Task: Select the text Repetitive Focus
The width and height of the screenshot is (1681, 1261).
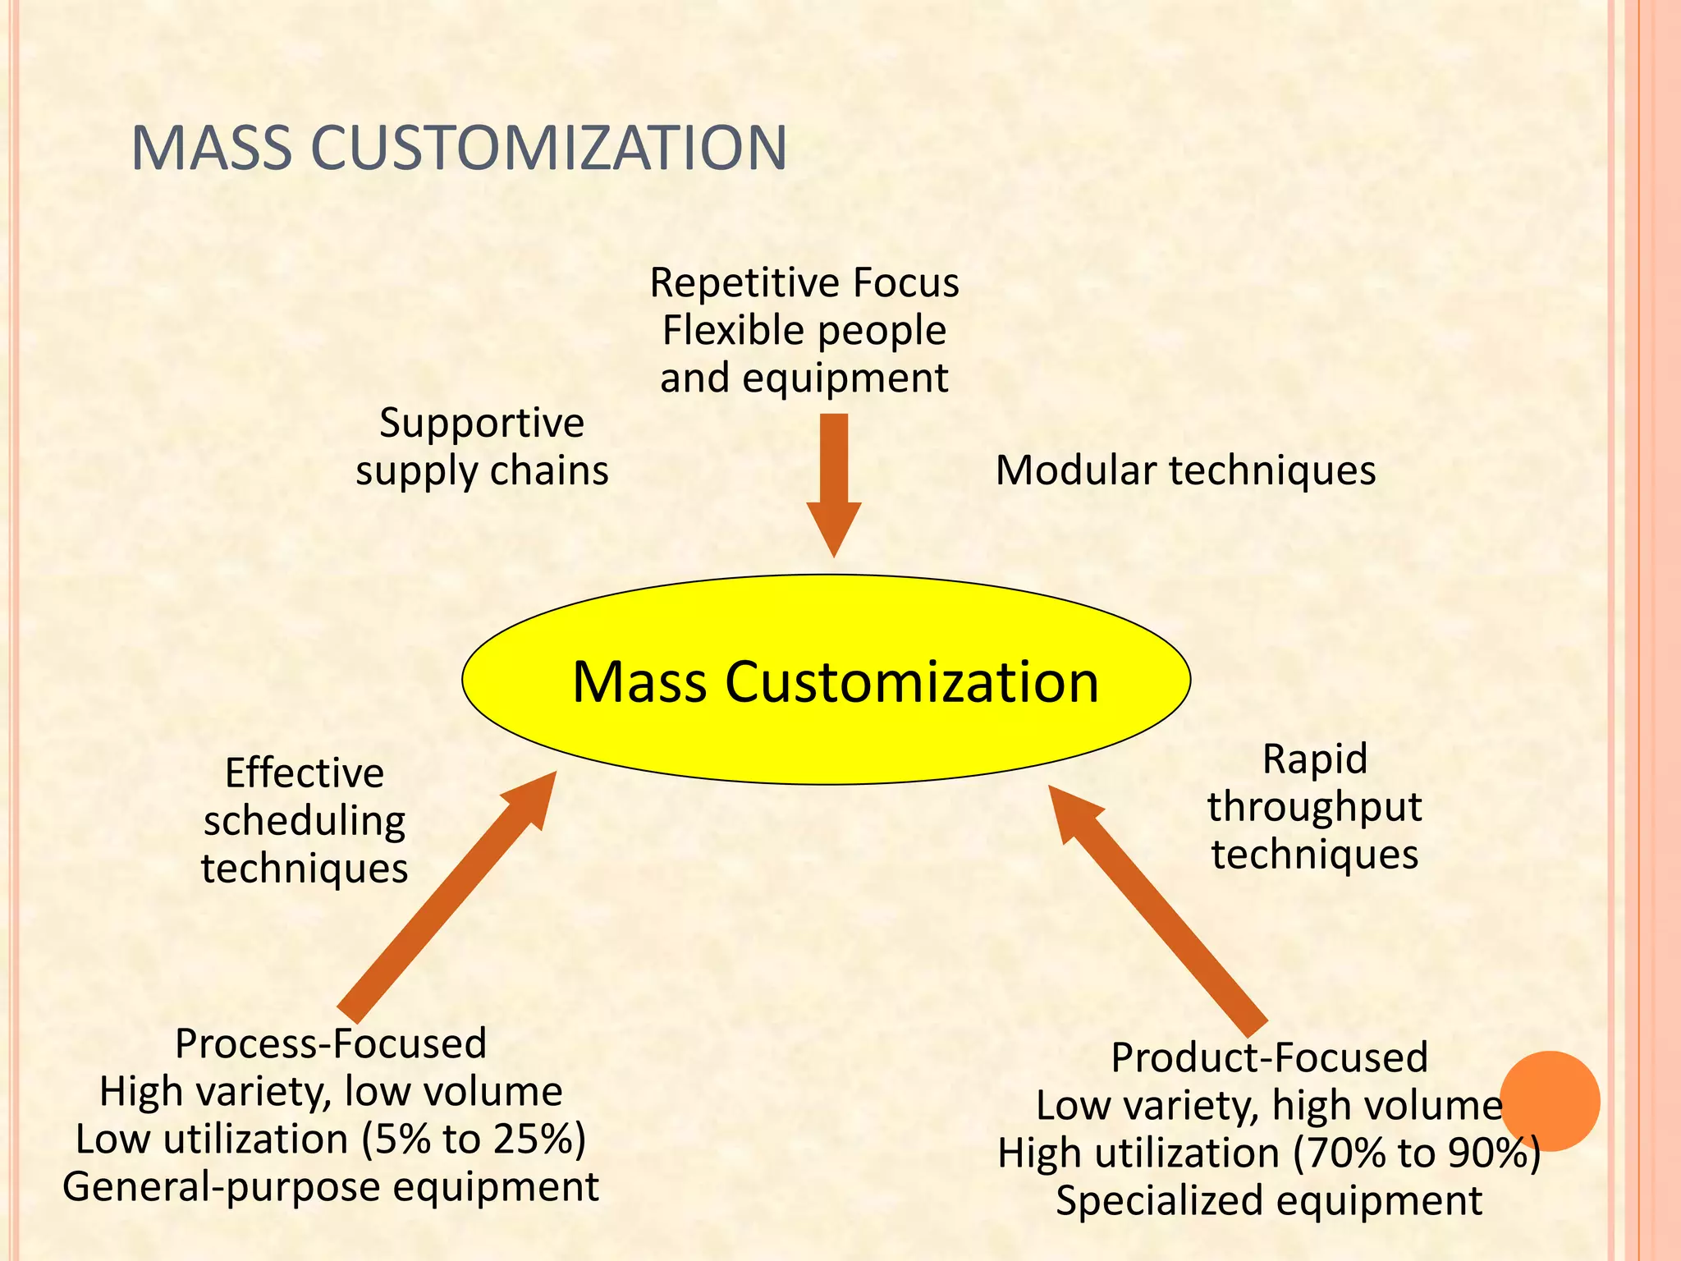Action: coord(804,283)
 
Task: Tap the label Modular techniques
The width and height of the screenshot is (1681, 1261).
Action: coord(1185,471)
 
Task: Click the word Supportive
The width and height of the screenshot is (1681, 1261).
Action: coord(482,424)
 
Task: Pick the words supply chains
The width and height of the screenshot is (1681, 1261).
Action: coord(482,472)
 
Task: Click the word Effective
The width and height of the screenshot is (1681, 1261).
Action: coord(305,773)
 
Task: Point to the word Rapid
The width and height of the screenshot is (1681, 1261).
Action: coord(1314,759)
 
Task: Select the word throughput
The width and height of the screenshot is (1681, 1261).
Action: coord(1314,807)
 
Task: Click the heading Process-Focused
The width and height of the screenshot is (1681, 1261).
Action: coord(331,1044)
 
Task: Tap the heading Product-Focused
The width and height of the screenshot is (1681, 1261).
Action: coord(1269,1057)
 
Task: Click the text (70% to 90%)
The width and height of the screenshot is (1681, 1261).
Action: coord(1417,1153)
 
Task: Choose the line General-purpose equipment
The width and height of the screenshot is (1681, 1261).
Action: coord(331,1187)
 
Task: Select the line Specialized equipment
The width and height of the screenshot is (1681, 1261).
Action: coord(1269,1201)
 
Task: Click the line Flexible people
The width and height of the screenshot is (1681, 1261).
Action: coord(804,331)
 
